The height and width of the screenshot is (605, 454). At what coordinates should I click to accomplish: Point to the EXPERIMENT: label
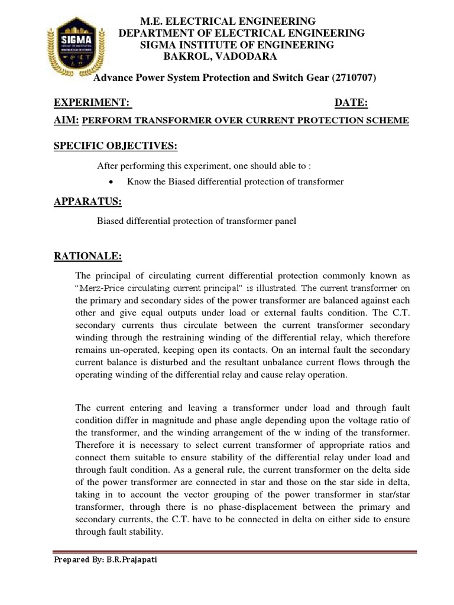click(x=92, y=103)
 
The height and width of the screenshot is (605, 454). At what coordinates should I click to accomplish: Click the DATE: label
click(x=351, y=103)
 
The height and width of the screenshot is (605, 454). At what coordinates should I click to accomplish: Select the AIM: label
click(x=66, y=120)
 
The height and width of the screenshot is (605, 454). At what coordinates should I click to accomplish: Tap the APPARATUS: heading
click(x=87, y=202)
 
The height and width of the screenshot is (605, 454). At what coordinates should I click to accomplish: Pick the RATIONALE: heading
click(x=88, y=256)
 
